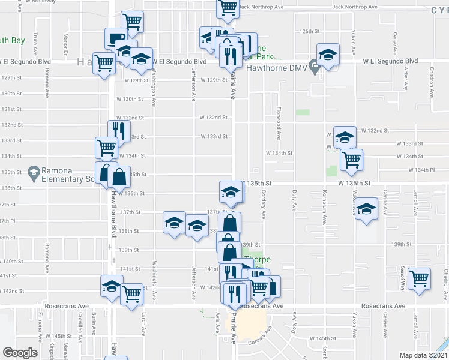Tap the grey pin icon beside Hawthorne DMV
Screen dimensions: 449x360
[x=313, y=65]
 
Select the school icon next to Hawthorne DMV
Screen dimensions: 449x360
[x=328, y=55]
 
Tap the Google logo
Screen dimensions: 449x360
[x=20, y=353]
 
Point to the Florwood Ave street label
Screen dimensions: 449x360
[x=279, y=118]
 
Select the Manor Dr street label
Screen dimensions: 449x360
[x=65, y=42]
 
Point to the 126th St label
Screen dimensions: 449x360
[x=307, y=31]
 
